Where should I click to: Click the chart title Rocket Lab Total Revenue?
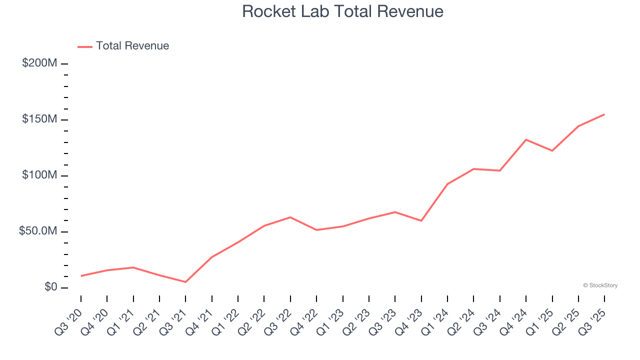pyautogui.click(x=342, y=11)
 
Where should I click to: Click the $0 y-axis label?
pyautogui.click(x=51, y=287)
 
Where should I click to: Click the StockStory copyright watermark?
pyautogui.click(x=600, y=285)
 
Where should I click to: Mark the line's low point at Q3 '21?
pyautogui.click(x=185, y=282)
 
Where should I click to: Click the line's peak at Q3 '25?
pyautogui.click(x=604, y=114)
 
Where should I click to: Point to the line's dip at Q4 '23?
pyautogui.click(x=421, y=220)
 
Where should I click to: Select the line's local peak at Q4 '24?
pyautogui.click(x=526, y=139)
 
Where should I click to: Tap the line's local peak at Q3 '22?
pyautogui.click(x=290, y=217)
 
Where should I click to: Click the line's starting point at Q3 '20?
pyautogui.click(x=81, y=275)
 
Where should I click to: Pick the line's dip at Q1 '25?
pyautogui.click(x=552, y=150)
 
